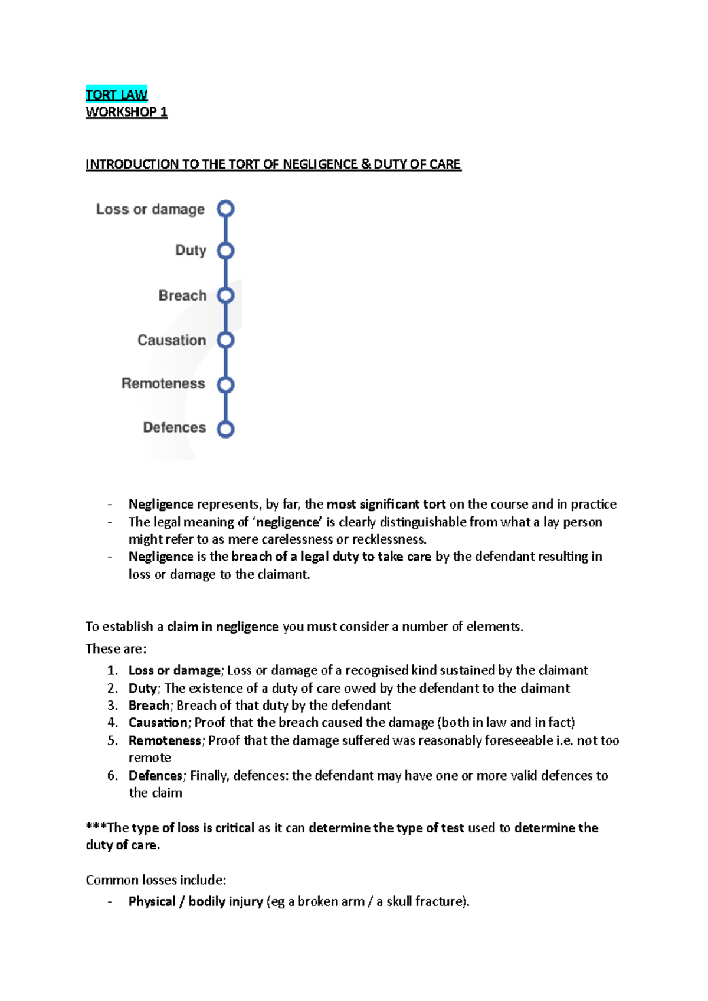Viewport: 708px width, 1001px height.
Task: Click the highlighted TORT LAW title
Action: click(116, 95)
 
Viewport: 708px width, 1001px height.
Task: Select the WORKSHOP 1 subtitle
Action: click(126, 112)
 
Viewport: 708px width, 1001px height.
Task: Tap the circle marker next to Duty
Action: click(225, 251)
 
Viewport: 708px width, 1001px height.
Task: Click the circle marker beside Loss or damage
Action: click(225, 209)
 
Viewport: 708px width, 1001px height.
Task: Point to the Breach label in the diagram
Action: click(182, 296)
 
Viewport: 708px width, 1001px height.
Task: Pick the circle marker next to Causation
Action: click(225, 340)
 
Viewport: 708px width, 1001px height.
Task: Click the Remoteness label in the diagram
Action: click(163, 384)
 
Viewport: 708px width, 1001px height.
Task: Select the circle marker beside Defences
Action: click(225, 429)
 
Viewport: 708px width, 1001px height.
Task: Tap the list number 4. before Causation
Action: click(112, 723)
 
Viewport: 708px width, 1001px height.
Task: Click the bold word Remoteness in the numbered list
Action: click(165, 740)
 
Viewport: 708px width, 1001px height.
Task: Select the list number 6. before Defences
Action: click(112, 776)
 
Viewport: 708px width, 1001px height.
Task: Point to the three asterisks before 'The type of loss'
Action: click(96, 828)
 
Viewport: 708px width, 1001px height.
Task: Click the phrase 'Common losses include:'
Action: click(156, 880)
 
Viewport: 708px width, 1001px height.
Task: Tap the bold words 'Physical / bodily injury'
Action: click(195, 902)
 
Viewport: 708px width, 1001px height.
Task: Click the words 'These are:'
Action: click(116, 649)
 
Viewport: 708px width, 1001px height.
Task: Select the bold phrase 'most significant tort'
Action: click(386, 505)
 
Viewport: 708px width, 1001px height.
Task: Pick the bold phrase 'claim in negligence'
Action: click(222, 627)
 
